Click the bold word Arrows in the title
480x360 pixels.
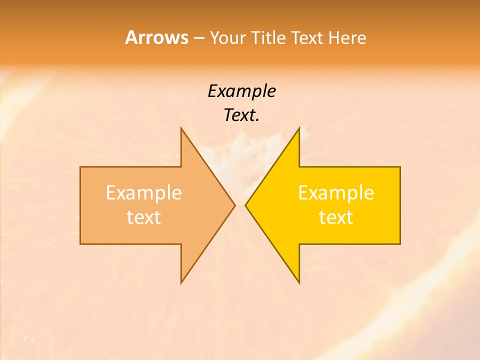(x=156, y=37)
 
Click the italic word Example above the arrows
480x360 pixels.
(x=241, y=91)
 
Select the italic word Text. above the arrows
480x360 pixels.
(x=241, y=115)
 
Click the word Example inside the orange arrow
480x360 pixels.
(x=144, y=193)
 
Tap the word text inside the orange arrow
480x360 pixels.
(x=144, y=217)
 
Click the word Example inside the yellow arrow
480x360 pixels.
(x=336, y=193)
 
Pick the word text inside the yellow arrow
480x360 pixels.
(x=336, y=217)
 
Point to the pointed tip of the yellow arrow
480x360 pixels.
(x=246, y=205)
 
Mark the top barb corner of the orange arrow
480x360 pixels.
(x=181, y=128)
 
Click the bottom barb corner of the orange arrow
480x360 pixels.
(x=181, y=282)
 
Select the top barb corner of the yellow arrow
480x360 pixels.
(x=299, y=128)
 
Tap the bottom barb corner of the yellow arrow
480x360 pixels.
(x=299, y=282)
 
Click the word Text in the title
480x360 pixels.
(x=307, y=37)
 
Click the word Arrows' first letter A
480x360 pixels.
(x=131, y=37)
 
